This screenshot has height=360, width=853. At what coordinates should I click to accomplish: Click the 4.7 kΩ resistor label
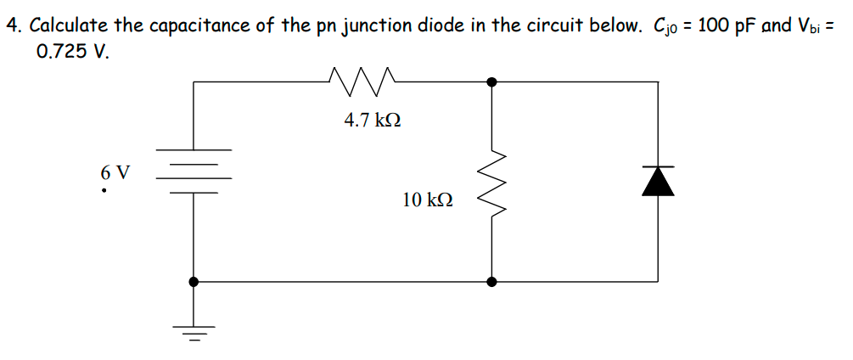[x=372, y=121]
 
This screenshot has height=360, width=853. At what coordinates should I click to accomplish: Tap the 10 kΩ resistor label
[x=427, y=200]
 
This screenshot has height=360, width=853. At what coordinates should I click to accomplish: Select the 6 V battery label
[x=115, y=172]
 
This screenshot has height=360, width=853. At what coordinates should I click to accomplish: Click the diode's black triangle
[x=658, y=181]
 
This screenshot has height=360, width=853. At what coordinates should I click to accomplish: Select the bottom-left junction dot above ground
[x=194, y=281]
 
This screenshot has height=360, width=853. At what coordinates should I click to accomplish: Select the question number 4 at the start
[x=13, y=25]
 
